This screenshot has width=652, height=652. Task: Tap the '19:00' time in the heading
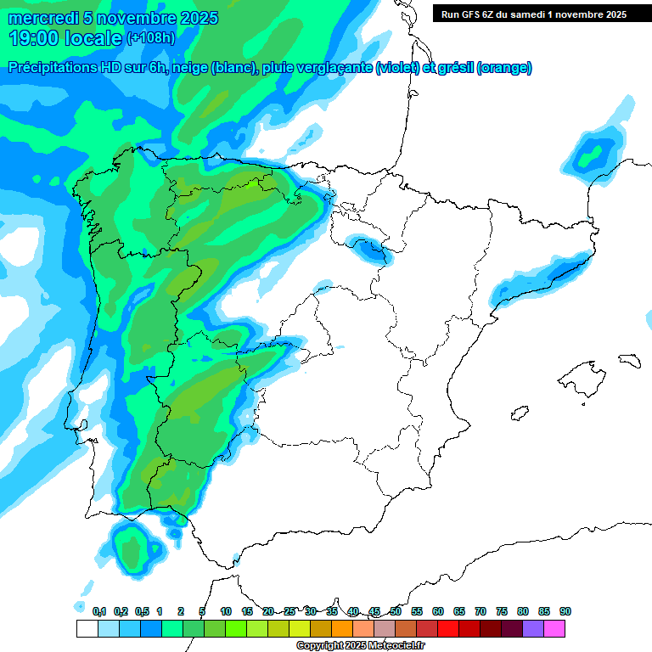click(37, 37)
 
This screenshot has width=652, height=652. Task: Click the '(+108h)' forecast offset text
click(150, 38)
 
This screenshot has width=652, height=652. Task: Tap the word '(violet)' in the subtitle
click(397, 68)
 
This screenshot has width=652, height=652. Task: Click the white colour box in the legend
click(87, 629)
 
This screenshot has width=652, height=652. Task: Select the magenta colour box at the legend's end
click(554, 629)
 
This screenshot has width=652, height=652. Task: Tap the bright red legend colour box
click(448, 629)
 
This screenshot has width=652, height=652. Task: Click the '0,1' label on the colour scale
click(98, 611)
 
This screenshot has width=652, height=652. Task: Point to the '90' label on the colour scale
click(565, 611)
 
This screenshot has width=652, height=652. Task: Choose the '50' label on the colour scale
click(396, 611)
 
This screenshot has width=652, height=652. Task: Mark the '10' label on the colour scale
click(226, 611)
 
